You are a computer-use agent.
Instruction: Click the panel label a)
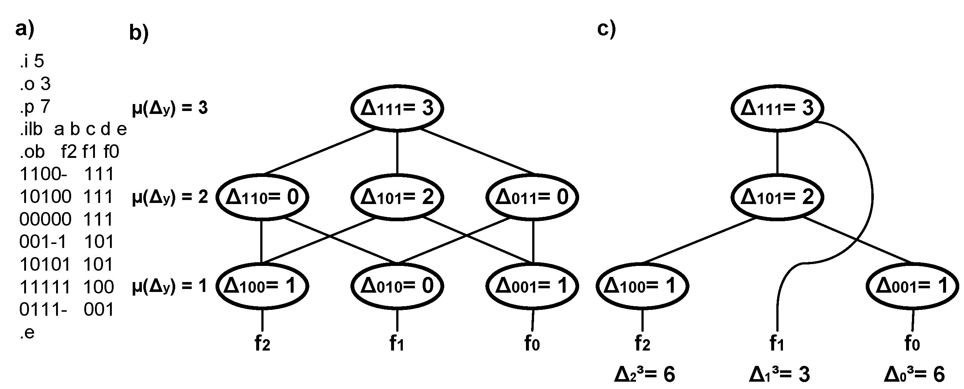(25, 29)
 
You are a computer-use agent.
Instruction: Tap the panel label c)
(606, 29)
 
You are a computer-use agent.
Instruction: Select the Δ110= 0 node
(262, 197)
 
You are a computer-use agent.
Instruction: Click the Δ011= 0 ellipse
(532, 197)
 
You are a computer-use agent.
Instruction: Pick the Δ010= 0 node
(397, 286)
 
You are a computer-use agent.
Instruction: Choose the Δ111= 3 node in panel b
(397, 108)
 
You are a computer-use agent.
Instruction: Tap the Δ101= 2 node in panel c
(777, 197)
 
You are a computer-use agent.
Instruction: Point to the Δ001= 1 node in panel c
(912, 286)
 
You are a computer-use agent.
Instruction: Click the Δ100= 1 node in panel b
(262, 286)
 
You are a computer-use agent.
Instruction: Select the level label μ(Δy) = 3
(169, 108)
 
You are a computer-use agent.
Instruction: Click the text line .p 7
(35, 107)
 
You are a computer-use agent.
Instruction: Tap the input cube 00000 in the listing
(45, 219)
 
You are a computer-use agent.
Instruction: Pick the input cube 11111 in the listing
(45, 287)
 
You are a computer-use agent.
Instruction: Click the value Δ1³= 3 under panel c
(779, 374)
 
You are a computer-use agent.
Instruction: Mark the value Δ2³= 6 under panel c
(644, 374)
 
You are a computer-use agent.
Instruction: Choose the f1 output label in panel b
(397, 343)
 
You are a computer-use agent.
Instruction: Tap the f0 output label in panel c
(912, 343)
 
